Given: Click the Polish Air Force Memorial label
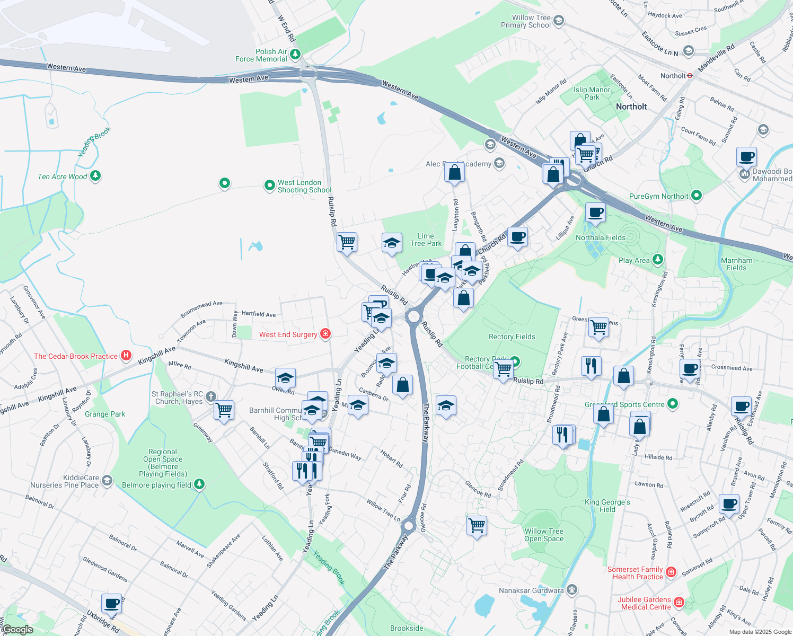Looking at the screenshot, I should (x=261, y=55).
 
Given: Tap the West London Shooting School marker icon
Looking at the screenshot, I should (x=269, y=185).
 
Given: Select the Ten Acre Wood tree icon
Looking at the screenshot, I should (x=95, y=175).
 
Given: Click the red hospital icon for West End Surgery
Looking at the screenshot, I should (x=325, y=334).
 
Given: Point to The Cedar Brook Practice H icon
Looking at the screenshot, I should (x=126, y=356).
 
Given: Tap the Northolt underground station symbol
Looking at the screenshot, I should (x=690, y=75).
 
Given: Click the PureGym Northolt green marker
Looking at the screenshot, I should (x=697, y=196).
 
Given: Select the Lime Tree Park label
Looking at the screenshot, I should (x=426, y=240).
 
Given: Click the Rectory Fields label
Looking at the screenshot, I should (x=512, y=337).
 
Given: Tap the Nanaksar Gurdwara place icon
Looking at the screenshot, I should (x=571, y=589).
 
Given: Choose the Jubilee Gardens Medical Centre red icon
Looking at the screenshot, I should (x=679, y=603).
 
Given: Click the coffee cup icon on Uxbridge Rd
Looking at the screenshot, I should (x=112, y=603).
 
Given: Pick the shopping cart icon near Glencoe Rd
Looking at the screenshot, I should (x=477, y=525).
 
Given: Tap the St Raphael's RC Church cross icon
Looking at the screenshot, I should (x=210, y=396).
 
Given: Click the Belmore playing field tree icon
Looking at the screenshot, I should (x=199, y=484).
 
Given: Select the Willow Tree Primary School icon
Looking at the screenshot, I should (x=559, y=21).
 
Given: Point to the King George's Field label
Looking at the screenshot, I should (x=607, y=506).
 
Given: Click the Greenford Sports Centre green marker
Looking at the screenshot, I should (x=673, y=404).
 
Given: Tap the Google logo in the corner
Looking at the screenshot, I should (x=17, y=630).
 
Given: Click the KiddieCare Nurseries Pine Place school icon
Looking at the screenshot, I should (x=107, y=480).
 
